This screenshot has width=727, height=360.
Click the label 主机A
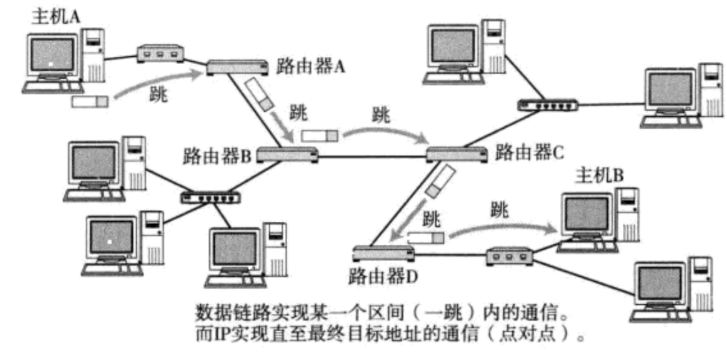pyautogui.click(x=56, y=17)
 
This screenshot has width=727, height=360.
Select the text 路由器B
pyautogui.click(x=216, y=155)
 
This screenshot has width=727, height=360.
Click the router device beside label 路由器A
pyautogui.click(x=237, y=67)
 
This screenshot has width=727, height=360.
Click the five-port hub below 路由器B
pyautogui.click(x=209, y=197)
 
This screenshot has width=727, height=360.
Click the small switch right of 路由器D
pyautogui.click(x=508, y=255)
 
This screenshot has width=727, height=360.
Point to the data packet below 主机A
pyautogui.click(x=90, y=102)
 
